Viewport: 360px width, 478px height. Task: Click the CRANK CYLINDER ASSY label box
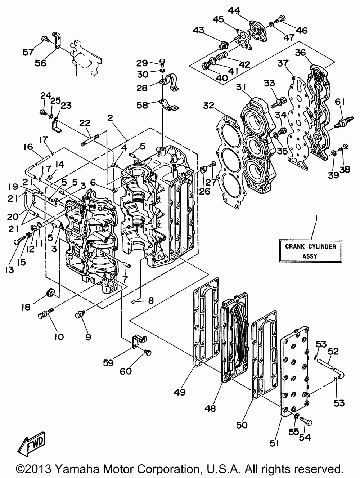click(311, 251)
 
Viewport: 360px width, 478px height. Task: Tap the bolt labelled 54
click(305, 422)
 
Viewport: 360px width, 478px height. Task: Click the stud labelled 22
click(90, 140)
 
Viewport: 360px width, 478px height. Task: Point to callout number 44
click(234, 10)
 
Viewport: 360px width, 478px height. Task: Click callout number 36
click(300, 53)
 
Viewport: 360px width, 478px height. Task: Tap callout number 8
click(151, 300)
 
